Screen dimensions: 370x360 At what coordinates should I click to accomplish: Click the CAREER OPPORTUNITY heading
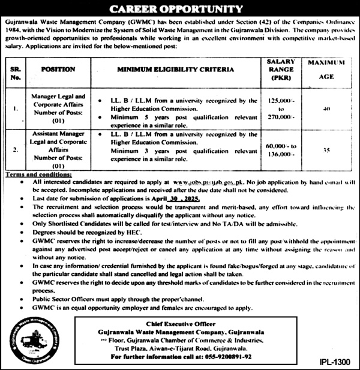tap(180, 10)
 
